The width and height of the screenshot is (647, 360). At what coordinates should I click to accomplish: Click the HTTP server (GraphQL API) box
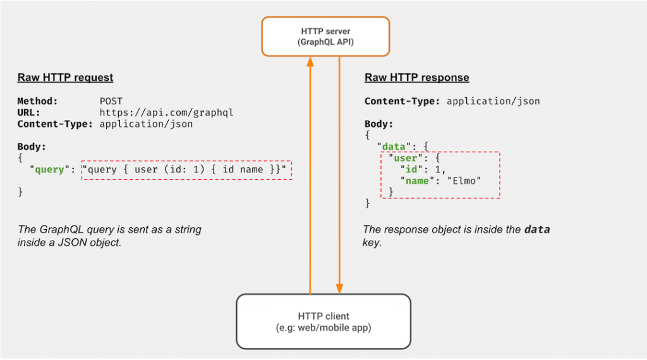[x=325, y=36]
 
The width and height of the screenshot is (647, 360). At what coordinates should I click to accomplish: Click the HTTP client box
[x=323, y=321]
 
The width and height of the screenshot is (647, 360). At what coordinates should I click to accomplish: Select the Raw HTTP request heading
[x=65, y=78]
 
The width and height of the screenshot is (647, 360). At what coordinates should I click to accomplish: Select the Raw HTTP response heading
[x=417, y=78]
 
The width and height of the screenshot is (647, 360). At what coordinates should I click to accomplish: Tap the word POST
[x=111, y=101]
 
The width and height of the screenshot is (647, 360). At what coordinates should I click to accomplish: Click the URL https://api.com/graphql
[x=166, y=112]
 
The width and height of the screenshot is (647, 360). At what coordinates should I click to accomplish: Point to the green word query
[x=49, y=169]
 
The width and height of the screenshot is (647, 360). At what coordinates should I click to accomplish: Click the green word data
[x=394, y=147]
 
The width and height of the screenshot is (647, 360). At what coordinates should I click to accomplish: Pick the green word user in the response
[x=406, y=158]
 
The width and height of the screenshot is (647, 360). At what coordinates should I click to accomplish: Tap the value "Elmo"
[x=464, y=181]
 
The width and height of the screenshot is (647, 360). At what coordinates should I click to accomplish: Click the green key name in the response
[x=417, y=181]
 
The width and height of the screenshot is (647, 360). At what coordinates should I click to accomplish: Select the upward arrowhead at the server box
[x=310, y=62]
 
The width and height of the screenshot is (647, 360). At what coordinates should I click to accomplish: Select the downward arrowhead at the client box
[x=339, y=289]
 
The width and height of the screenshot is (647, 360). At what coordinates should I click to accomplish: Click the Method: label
[x=37, y=101]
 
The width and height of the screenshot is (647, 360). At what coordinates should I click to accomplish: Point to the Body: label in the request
[x=32, y=147]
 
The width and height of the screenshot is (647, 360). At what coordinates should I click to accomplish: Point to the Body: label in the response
[x=379, y=124]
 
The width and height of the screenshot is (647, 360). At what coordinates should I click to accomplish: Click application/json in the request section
[x=146, y=124]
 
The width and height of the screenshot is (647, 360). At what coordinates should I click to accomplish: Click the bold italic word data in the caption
[x=537, y=229]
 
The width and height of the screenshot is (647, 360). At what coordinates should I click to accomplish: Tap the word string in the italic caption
[x=188, y=230]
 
